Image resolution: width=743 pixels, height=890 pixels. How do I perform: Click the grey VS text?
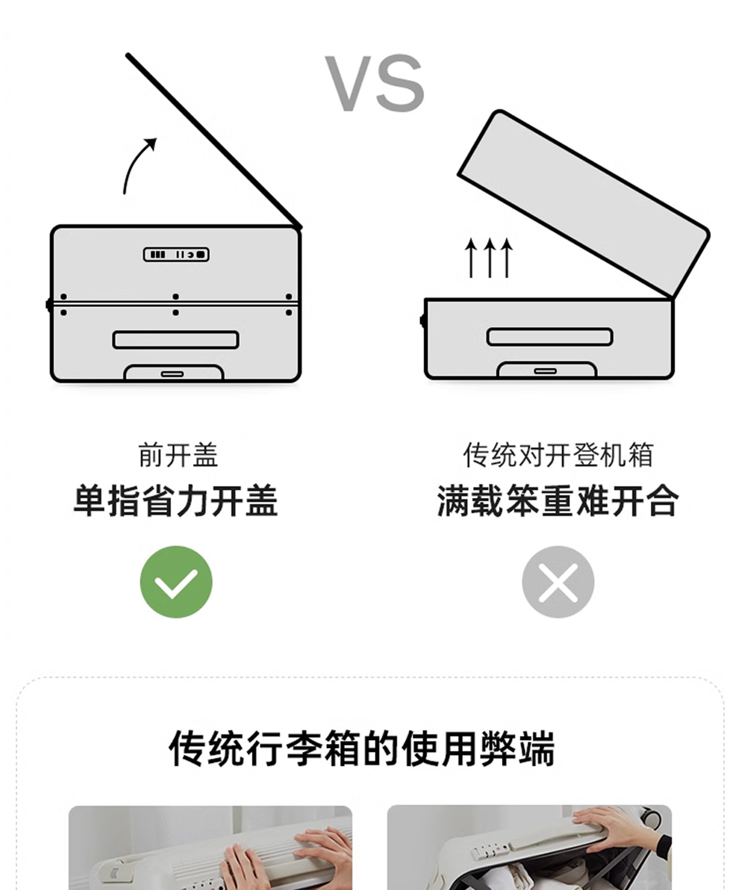pyautogui.click(x=374, y=83)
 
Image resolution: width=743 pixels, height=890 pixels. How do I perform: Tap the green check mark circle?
pyautogui.click(x=176, y=582)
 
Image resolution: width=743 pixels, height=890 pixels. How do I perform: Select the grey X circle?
pyautogui.click(x=558, y=582)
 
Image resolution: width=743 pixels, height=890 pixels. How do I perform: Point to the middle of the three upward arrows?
pyautogui.click(x=489, y=258)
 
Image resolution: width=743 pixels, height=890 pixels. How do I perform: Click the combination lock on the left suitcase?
pyautogui.click(x=176, y=255)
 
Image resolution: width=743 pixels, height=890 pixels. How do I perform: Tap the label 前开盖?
pyautogui.click(x=178, y=455)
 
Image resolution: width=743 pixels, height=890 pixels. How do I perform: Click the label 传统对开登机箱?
pyautogui.click(x=558, y=455)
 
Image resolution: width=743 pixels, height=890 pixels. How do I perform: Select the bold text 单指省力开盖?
pyautogui.click(x=176, y=502)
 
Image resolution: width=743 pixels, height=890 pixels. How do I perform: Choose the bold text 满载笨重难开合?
pyautogui.click(x=558, y=502)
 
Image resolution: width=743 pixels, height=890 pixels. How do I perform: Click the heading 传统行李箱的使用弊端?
pyautogui.click(x=362, y=749)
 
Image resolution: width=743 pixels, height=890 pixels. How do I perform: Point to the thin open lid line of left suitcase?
pyautogui.click(x=213, y=141)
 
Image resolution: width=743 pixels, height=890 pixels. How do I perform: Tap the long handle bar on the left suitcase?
pyautogui.click(x=176, y=340)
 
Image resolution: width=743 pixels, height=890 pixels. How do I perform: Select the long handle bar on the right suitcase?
pyautogui.click(x=550, y=337)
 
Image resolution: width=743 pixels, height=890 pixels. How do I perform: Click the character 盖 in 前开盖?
pyautogui.click(x=206, y=455)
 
